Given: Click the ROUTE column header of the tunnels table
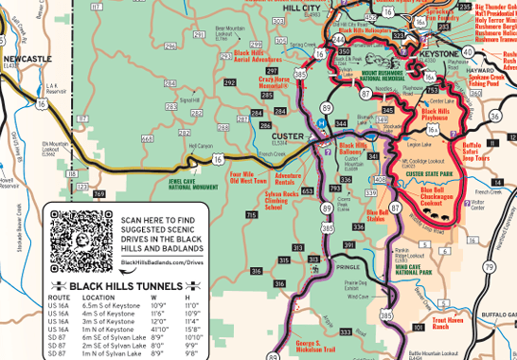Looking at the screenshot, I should click(x=59, y=297).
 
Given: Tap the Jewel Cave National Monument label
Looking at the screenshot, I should click(x=193, y=183).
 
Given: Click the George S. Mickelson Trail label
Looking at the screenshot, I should click(x=315, y=346).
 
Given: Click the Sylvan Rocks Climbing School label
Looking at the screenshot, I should click(x=281, y=199).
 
